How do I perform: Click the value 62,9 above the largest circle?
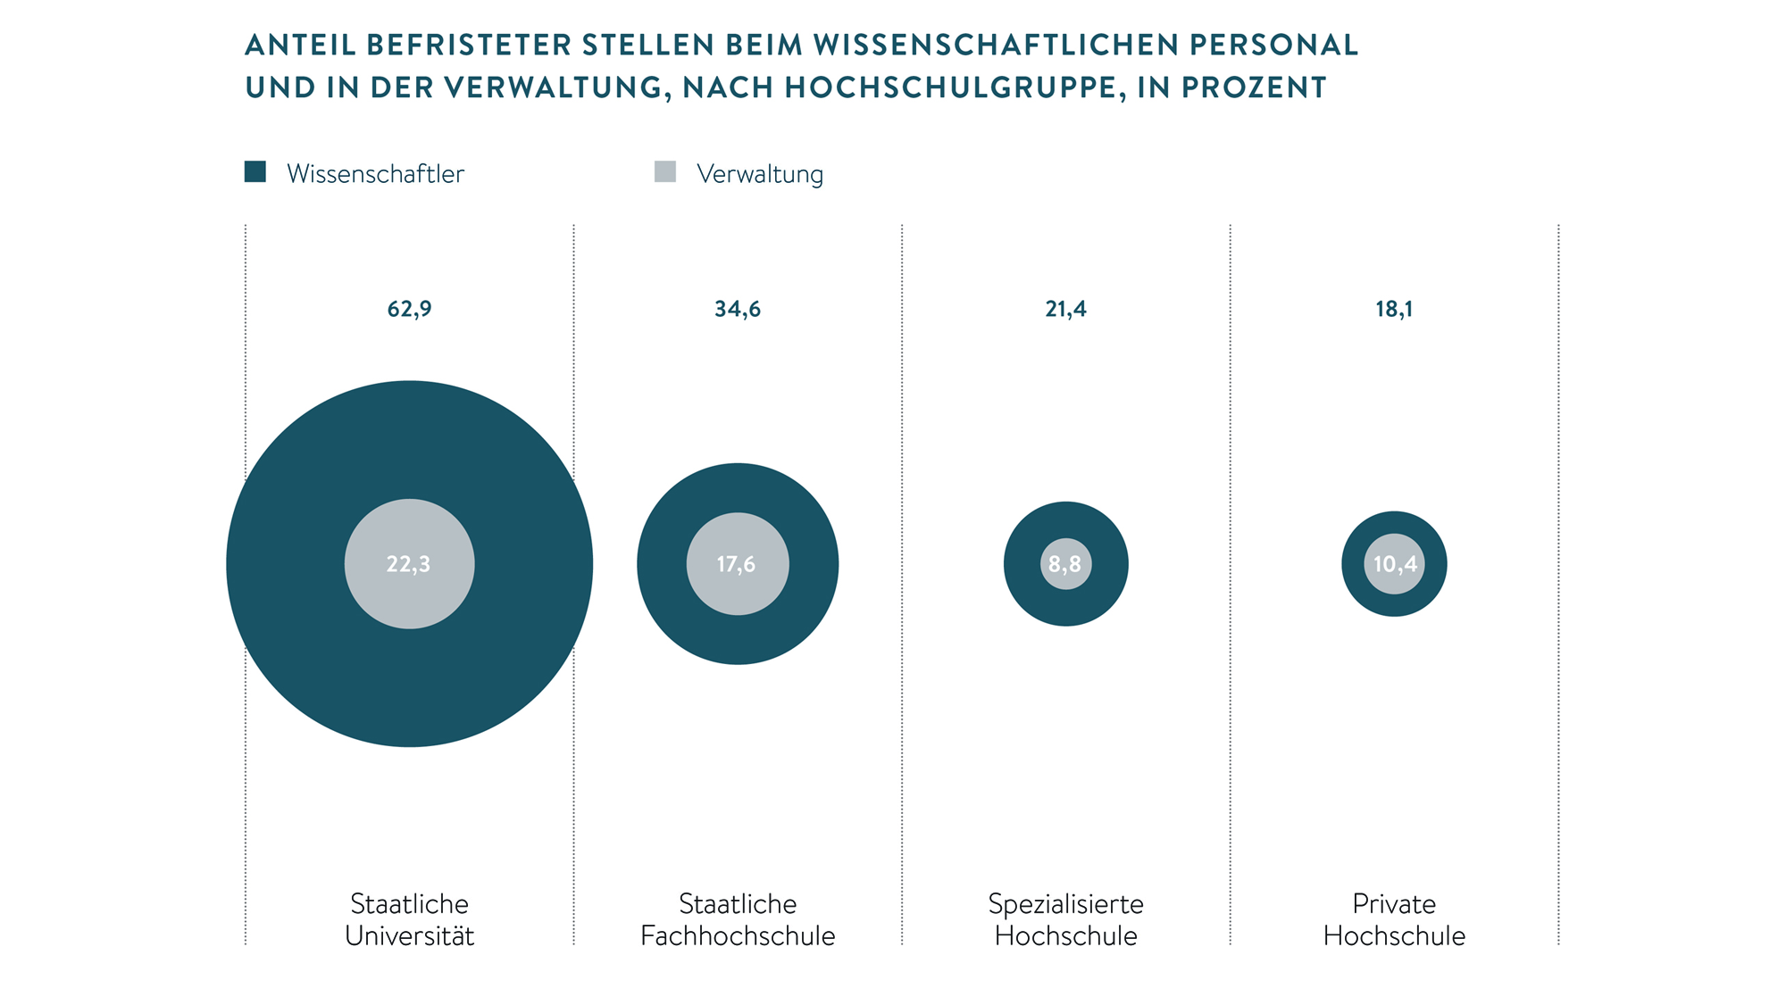click(x=409, y=309)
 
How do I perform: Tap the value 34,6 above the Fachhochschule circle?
click(x=738, y=309)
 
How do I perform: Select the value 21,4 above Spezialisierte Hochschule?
click(x=1065, y=309)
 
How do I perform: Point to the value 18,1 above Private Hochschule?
click(x=1394, y=309)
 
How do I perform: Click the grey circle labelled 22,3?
click(x=409, y=564)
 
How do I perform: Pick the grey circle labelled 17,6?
click(x=738, y=564)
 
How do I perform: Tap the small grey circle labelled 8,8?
click(x=1065, y=564)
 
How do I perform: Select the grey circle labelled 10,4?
click(x=1394, y=564)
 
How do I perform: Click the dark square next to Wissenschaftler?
click(x=255, y=171)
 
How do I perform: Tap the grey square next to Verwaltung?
click(x=665, y=171)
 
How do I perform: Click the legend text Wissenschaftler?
click(x=375, y=174)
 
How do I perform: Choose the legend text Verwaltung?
click(x=760, y=174)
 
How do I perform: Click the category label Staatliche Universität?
click(x=409, y=919)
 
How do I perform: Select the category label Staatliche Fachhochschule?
click(x=738, y=919)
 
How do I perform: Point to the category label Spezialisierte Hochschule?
click(x=1065, y=919)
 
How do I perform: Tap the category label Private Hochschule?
click(x=1394, y=919)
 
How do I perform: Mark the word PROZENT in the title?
click(x=1254, y=87)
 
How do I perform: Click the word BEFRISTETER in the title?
click(x=469, y=45)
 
